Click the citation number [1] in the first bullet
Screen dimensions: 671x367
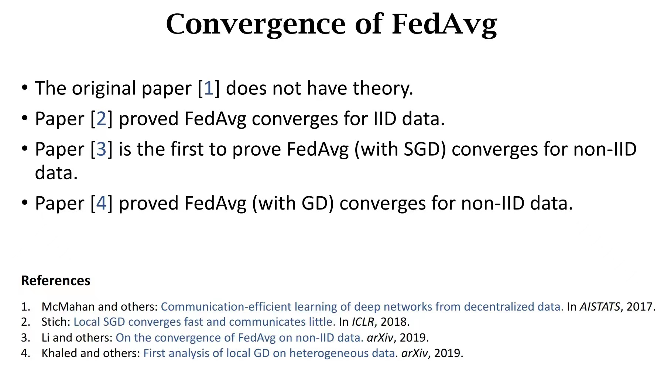[209, 89]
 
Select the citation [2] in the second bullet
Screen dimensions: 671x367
[102, 119]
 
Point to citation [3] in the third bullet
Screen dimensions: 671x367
[102, 149]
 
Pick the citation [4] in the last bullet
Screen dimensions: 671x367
[102, 204]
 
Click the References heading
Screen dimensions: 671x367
[56, 281]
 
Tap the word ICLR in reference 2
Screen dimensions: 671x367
[363, 322]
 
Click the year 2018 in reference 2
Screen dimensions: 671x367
[393, 322]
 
